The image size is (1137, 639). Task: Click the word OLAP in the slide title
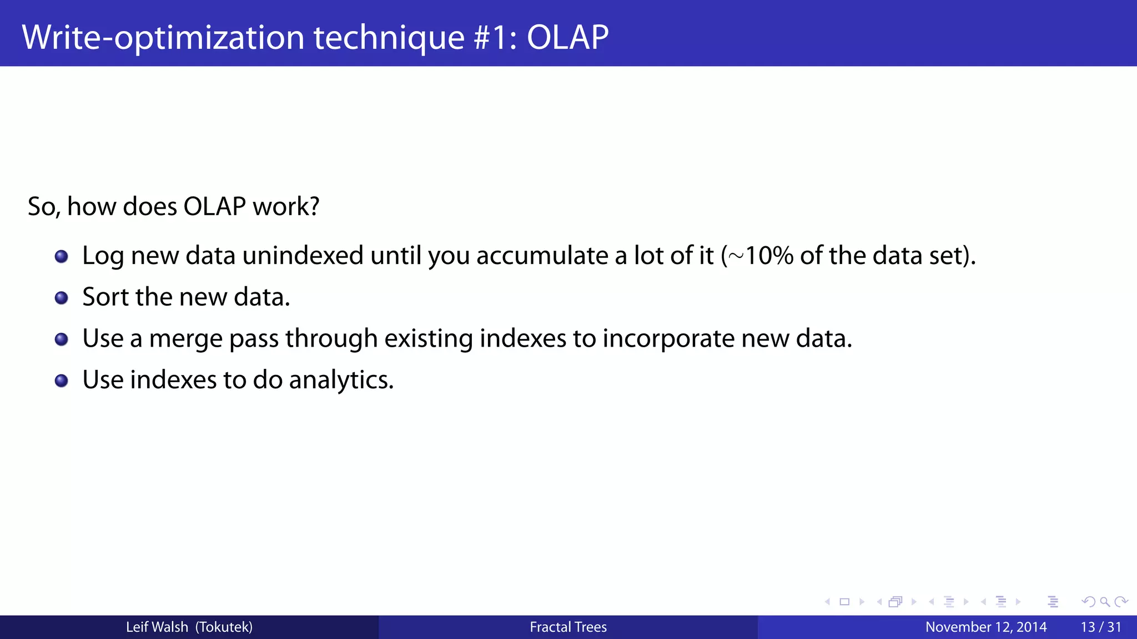[x=567, y=38]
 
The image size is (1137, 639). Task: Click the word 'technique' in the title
[x=389, y=38]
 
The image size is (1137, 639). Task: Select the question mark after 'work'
[x=314, y=206]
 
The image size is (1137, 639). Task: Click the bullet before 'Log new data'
[x=62, y=256]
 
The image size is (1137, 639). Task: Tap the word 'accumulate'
[x=542, y=256]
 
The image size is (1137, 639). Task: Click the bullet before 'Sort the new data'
[x=62, y=298]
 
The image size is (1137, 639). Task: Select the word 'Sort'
[x=105, y=297]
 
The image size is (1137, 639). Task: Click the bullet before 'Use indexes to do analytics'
[x=62, y=381]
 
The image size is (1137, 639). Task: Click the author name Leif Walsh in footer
[x=157, y=627]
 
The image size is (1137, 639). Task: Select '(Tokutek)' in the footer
[x=224, y=627]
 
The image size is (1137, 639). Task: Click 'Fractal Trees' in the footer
[x=568, y=627]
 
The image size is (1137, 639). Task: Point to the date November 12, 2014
[x=986, y=627]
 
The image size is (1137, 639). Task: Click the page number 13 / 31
[x=1101, y=627]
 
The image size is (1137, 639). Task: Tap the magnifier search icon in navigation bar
[x=1105, y=602]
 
